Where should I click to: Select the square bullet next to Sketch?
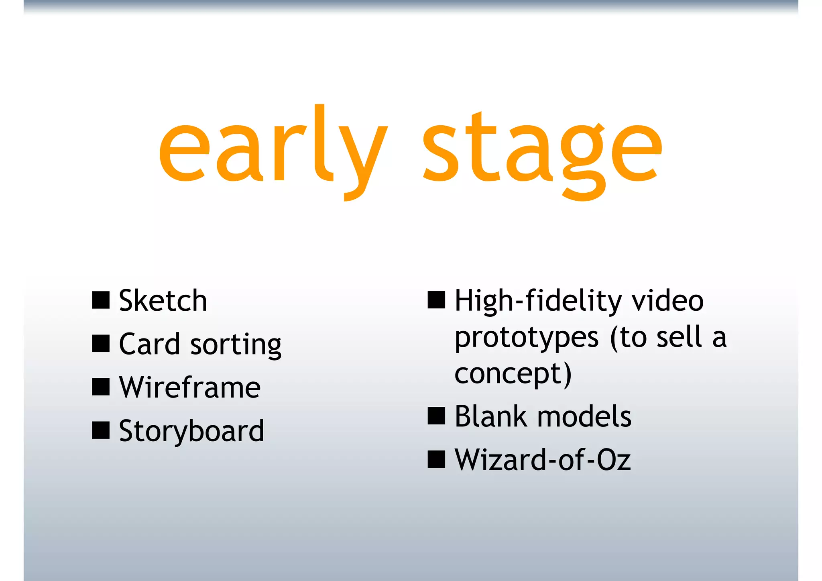[101, 300]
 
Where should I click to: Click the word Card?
[149, 344]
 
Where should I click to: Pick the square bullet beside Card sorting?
[101, 344]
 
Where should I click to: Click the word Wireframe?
[190, 387]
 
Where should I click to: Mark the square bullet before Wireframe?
[101, 387]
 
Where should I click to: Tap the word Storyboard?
[191, 432]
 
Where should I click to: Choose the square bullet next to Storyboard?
[101, 430]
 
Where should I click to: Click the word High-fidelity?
[538, 301]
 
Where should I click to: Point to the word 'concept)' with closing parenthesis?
[513, 374]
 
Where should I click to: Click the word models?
[584, 416]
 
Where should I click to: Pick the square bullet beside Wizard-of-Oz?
[436, 459]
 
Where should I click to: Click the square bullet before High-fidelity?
[436, 300]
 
